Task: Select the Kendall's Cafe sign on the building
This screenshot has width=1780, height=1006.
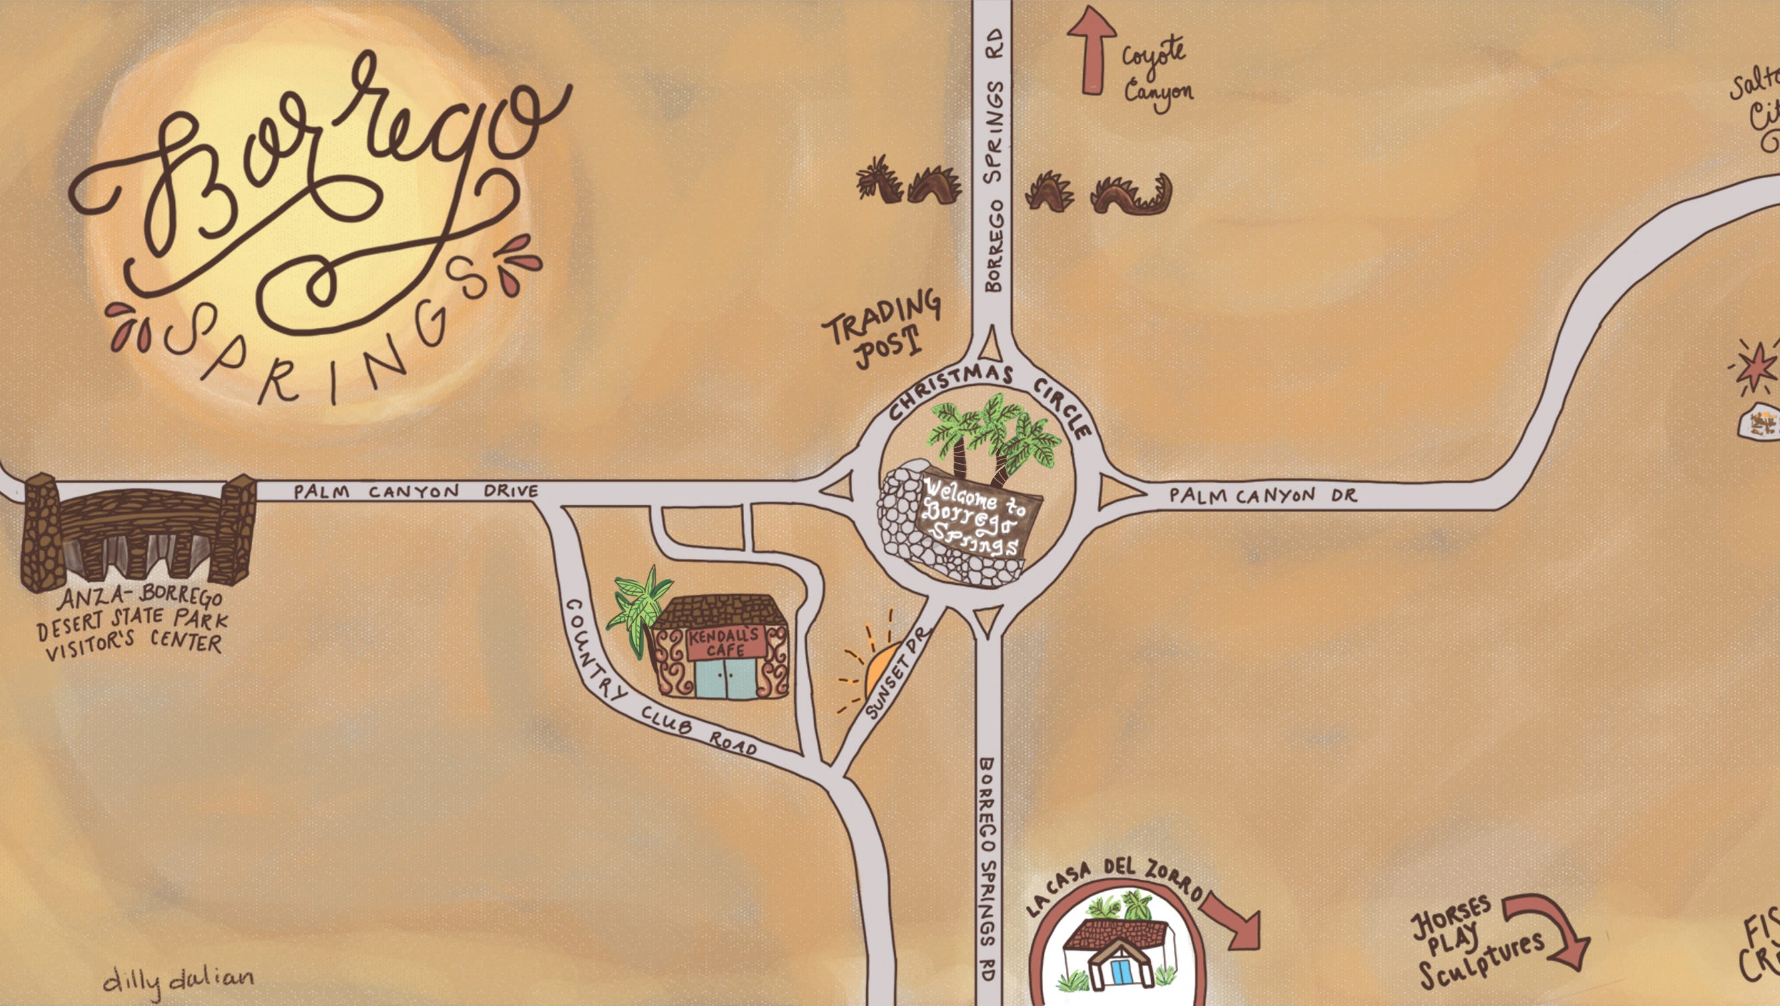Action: click(725, 643)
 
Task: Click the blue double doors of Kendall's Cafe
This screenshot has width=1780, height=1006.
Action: click(725, 678)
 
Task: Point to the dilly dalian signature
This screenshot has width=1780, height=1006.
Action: click(178, 980)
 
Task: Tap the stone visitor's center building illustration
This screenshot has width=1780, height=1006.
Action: click(138, 533)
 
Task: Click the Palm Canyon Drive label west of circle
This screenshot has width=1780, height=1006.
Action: click(415, 491)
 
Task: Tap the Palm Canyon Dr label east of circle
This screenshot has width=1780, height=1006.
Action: click(1263, 495)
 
